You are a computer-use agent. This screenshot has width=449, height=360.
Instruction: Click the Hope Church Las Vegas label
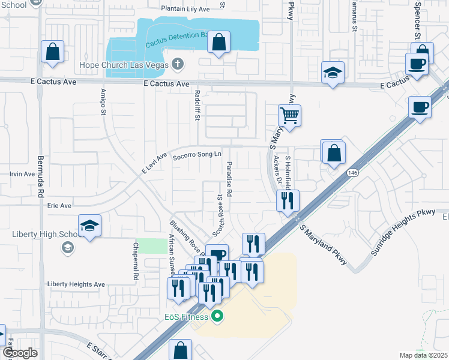pos(124,65)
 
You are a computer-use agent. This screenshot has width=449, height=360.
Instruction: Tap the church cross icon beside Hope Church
pos(177,64)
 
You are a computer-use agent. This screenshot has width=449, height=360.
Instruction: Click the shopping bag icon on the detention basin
pos(219,43)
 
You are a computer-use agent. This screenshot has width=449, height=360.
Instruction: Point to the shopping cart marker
pos(289,114)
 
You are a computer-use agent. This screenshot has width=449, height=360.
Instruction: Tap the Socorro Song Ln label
pos(193,156)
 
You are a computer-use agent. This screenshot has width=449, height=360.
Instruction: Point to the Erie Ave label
pos(59,205)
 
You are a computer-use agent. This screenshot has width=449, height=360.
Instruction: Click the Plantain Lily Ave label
pos(185,9)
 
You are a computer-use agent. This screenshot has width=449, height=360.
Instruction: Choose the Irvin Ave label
pos(22,174)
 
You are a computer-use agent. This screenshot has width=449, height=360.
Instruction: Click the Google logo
pos(20,353)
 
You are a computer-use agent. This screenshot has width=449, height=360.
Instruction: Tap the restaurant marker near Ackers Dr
pos(287,200)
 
